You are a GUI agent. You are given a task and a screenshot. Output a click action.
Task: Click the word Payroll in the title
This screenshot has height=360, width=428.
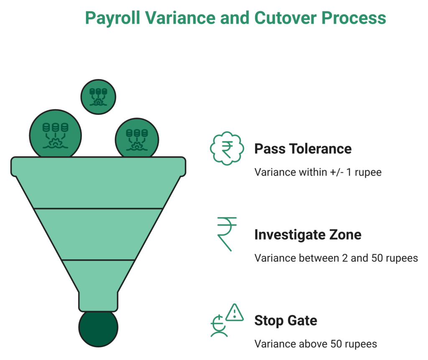tap(113, 18)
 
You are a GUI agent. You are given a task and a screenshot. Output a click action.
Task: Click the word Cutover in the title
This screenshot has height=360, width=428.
tap(285, 18)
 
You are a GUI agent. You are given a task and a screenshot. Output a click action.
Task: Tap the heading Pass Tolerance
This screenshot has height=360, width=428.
tap(303, 149)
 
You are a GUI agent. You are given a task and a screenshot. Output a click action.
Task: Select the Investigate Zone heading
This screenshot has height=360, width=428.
tap(308, 235)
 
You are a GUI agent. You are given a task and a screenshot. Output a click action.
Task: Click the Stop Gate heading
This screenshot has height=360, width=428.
tap(286, 320)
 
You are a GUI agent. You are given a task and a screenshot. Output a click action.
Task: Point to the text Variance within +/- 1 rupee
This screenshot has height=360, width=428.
tap(318, 172)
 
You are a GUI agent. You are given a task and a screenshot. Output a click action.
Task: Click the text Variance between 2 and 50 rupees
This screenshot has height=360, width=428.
tap(336, 258)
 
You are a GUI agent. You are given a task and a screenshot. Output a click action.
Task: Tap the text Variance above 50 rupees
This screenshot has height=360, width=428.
tap(316, 344)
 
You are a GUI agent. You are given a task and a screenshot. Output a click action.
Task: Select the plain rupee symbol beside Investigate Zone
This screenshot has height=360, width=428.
tap(227, 234)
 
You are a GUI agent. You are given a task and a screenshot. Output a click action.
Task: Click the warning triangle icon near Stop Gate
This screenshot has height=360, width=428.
tap(234, 312)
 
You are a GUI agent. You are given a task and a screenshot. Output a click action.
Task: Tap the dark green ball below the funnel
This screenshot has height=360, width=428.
tap(98, 329)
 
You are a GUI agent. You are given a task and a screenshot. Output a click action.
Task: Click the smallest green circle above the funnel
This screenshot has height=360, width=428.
tap(98, 97)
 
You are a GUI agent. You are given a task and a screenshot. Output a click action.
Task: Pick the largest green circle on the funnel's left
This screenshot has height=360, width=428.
tap(56, 134)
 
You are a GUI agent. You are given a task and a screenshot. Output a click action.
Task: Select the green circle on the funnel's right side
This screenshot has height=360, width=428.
tap(137, 138)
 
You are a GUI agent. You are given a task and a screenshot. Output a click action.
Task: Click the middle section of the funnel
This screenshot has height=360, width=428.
tap(98, 234)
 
